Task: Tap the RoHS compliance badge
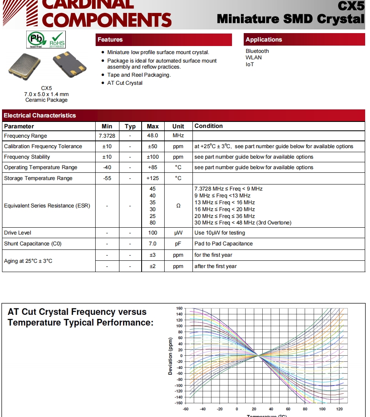click(57, 40)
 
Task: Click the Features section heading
click(110, 40)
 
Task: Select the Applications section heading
click(264, 40)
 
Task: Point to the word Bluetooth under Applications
click(257, 51)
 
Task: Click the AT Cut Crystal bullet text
click(125, 83)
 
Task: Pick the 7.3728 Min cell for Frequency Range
click(107, 136)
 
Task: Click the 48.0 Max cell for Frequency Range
click(153, 136)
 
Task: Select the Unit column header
click(178, 126)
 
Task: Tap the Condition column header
click(209, 126)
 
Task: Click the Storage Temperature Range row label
click(38, 178)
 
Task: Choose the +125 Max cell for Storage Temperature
click(153, 178)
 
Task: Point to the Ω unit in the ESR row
click(178, 206)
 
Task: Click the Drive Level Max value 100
click(153, 233)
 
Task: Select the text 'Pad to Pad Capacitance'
click(224, 244)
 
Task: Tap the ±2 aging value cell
click(153, 266)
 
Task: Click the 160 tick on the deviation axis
click(180, 308)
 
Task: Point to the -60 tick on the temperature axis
click(186, 409)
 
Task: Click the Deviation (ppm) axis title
click(170, 356)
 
